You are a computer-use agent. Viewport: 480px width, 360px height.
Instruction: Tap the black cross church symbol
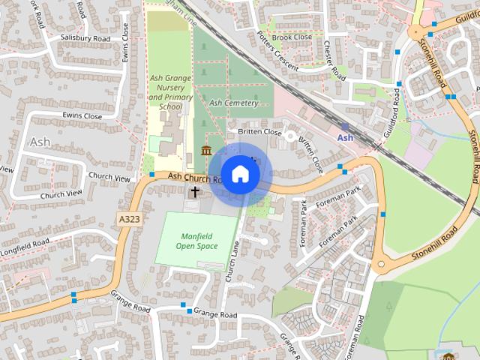195,192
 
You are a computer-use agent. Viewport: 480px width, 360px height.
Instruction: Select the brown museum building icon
206,153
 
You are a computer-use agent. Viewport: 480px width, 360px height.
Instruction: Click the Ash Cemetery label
233,103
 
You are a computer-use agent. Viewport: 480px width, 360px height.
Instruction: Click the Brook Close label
292,37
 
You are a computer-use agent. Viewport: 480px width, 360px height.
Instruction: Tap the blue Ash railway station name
345,138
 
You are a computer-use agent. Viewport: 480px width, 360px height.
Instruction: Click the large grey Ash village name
40,141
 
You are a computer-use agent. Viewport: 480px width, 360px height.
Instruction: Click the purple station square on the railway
344,126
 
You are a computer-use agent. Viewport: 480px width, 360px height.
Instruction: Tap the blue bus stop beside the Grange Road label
183,304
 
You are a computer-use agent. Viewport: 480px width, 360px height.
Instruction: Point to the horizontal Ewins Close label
82,116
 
